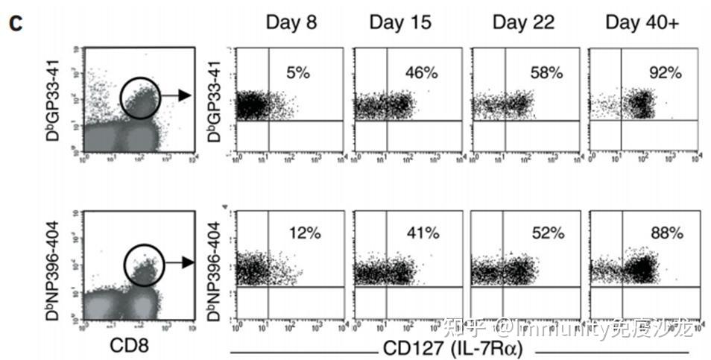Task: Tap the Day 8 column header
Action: [291, 22]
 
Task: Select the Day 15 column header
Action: [400, 22]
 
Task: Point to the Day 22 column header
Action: [523, 22]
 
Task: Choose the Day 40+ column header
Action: [642, 22]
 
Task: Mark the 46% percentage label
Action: [421, 72]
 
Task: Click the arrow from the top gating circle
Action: [177, 95]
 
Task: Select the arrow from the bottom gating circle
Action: [177, 262]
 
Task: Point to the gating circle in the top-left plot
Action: [139, 97]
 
